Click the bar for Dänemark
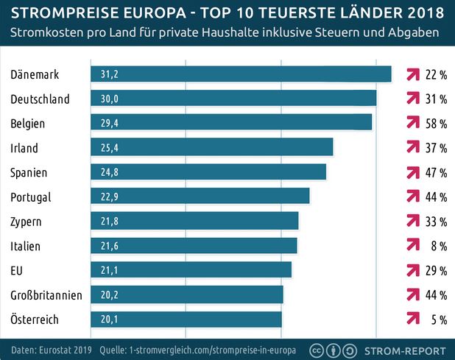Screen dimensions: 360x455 point(241,74)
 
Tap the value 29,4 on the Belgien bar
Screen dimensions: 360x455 point(110,124)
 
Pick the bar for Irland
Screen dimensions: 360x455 point(212,148)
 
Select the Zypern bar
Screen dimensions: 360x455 point(194,222)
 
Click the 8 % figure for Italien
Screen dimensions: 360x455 point(439,246)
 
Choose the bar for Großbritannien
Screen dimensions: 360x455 point(187,295)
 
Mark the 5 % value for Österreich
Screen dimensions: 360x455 point(439,320)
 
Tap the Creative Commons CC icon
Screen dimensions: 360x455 point(317,350)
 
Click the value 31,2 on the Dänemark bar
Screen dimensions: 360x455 point(110,74)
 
